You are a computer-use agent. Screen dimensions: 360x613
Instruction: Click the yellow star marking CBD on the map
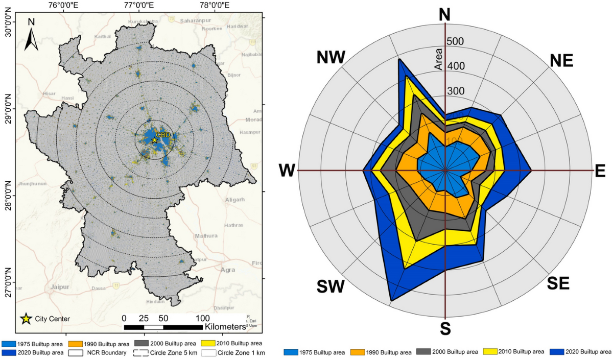coord(154,140)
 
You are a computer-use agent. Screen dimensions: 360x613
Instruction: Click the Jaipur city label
coord(60,287)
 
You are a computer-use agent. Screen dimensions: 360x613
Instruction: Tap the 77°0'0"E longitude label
coord(139,6)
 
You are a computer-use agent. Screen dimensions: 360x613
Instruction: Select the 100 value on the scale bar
coord(201,317)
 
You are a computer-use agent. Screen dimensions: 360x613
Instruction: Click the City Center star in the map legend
coord(25,319)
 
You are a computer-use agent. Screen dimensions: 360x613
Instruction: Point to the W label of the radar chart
coord(287,171)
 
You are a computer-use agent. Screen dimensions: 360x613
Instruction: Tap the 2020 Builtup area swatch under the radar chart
coord(557,352)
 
